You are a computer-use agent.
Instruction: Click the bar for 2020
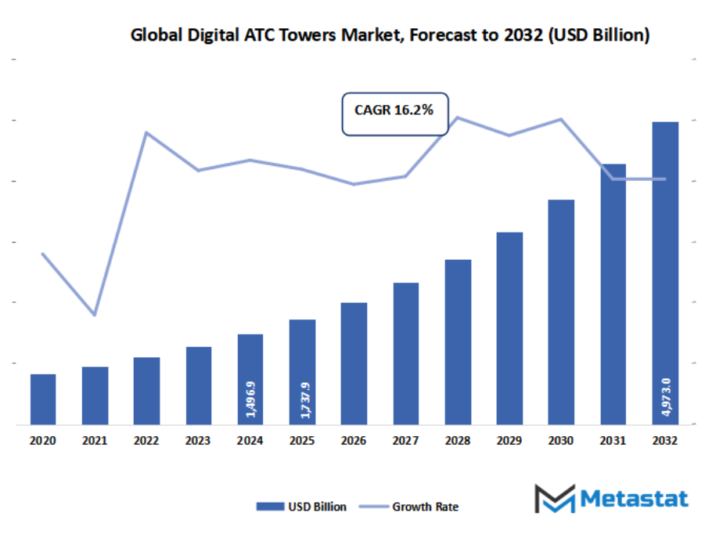[43, 399]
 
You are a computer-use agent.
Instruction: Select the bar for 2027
[405, 353]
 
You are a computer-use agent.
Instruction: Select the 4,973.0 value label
[665, 396]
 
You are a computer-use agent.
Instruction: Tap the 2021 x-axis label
[95, 442]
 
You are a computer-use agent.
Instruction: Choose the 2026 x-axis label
[354, 442]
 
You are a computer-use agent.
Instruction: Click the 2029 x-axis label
[509, 442]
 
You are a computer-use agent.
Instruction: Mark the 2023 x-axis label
[199, 442]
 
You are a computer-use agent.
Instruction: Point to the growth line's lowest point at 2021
[95, 315]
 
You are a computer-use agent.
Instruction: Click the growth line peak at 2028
[457, 117]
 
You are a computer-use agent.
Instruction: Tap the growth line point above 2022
[146, 132]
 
